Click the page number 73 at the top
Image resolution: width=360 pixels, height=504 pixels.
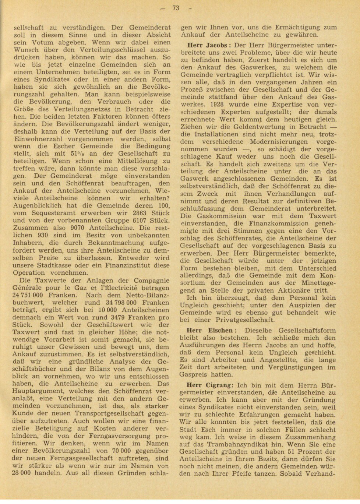[176, 8]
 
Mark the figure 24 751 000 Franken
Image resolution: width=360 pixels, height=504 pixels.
[28, 295]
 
